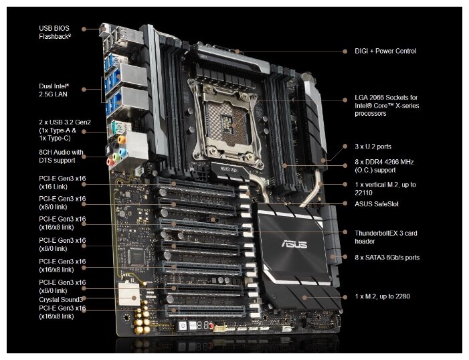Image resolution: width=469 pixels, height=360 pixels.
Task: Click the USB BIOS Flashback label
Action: tap(55, 32)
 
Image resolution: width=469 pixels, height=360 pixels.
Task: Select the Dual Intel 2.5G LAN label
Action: tap(54, 90)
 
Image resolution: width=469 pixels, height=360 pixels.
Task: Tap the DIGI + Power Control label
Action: tap(385, 51)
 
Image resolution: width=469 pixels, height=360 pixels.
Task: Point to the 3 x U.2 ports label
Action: tap(373, 147)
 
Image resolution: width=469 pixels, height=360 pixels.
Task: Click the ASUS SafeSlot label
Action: tap(377, 204)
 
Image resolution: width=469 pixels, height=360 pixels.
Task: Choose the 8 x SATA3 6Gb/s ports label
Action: tap(387, 258)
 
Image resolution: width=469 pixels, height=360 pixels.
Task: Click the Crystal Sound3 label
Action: tap(61, 300)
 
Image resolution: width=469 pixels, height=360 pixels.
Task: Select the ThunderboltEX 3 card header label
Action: tap(386, 237)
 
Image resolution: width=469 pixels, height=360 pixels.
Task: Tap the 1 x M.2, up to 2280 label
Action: tap(382, 296)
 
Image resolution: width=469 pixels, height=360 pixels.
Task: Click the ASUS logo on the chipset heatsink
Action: tap(294, 244)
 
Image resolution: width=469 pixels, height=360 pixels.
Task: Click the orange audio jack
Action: tap(122, 139)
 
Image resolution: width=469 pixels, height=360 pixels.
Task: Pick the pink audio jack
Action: tap(110, 162)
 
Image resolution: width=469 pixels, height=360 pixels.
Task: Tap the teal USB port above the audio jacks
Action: tap(114, 128)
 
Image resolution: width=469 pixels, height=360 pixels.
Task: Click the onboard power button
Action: tap(183, 326)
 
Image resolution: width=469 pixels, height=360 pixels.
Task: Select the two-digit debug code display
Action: tap(203, 325)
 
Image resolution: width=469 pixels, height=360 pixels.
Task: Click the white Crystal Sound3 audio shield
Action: tap(129, 294)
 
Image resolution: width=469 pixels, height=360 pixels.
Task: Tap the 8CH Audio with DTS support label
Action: tap(61, 156)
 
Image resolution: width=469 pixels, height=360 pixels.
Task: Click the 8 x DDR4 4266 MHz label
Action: tap(384, 166)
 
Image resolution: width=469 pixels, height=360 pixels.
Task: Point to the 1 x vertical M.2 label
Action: tap(385, 189)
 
